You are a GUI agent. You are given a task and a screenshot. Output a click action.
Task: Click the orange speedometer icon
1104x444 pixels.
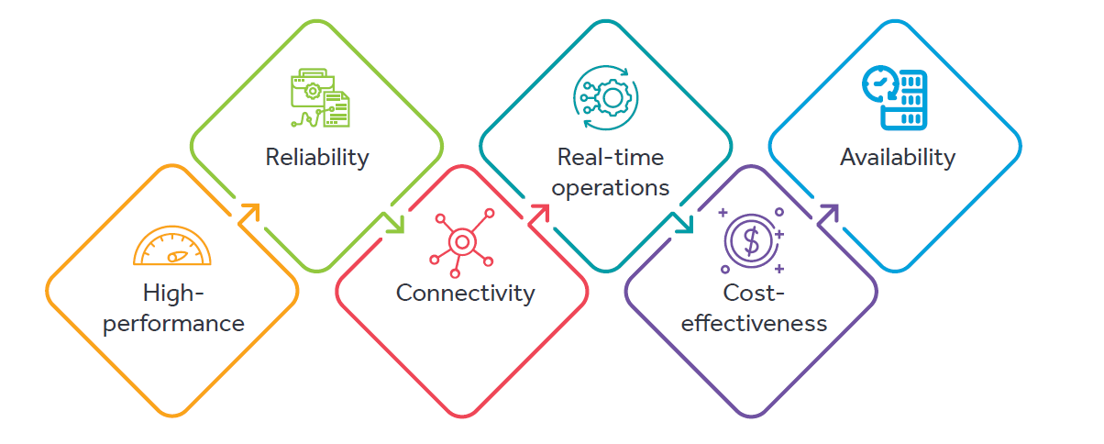click(x=171, y=246)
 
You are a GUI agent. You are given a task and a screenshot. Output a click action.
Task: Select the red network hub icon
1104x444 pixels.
click(x=461, y=241)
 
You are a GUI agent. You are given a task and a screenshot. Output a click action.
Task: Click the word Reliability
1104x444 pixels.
click(x=316, y=157)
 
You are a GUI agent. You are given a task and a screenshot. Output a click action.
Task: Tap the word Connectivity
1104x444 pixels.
click(x=465, y=294)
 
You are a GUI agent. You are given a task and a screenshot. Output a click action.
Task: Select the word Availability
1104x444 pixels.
click(x=898, y=157)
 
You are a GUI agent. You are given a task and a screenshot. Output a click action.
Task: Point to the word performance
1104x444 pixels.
click(x=174, y=324)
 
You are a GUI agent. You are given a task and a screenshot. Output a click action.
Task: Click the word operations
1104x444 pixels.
click(x=612, y=188)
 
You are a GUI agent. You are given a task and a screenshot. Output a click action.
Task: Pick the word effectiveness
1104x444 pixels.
click(x=755, y=324)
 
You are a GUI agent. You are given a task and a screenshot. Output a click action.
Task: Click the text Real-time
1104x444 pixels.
click(x=611, y=157)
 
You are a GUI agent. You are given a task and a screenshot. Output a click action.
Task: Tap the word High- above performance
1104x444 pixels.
click(x=172, y=294)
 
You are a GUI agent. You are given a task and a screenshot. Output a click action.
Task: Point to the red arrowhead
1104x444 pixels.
click(x=539, y=213)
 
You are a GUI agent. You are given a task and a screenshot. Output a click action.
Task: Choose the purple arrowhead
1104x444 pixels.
click(x=829, y=213)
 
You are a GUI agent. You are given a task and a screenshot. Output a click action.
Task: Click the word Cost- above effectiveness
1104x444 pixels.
click(x=754, y=294)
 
